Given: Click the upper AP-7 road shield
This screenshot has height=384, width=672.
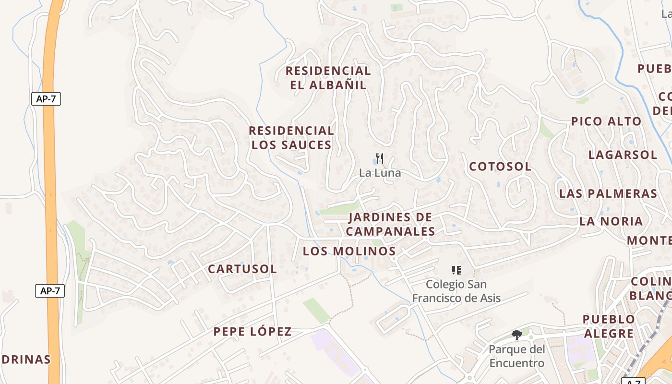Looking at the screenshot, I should pos(46,99).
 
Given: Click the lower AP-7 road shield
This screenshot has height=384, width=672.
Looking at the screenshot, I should pos(50,290).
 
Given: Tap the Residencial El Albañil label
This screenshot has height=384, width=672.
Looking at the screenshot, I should pos(328,78).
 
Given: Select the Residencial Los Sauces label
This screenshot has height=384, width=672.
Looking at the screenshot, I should pos(291,138).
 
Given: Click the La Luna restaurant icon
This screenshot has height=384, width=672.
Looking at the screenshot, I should pos(380,158).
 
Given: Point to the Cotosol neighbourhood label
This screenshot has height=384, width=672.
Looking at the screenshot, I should pos(500,167).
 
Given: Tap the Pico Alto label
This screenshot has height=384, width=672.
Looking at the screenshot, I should pos(606,121).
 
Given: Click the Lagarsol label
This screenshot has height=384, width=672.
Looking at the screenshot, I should pos(623,155).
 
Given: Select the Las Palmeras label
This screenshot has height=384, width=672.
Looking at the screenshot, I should pos(608,193).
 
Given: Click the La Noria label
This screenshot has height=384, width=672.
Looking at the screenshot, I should pos(611,221).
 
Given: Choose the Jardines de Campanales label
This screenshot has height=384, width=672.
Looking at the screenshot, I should pos(390,224).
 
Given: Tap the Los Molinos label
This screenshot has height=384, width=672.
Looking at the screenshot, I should pos(349,251).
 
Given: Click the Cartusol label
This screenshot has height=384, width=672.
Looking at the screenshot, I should pos(242,269).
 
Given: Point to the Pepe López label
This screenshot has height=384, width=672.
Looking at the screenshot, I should pos(252,331).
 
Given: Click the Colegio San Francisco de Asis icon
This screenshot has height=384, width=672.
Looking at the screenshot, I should pos(456,270).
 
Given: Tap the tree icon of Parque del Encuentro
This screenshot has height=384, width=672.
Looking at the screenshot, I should pos(516,335).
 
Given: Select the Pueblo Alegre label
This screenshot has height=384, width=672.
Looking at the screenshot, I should pos(609,326).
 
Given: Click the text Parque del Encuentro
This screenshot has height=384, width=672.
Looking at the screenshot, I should pos(516,356).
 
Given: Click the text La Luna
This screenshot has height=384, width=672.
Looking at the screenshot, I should pos(380,173).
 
